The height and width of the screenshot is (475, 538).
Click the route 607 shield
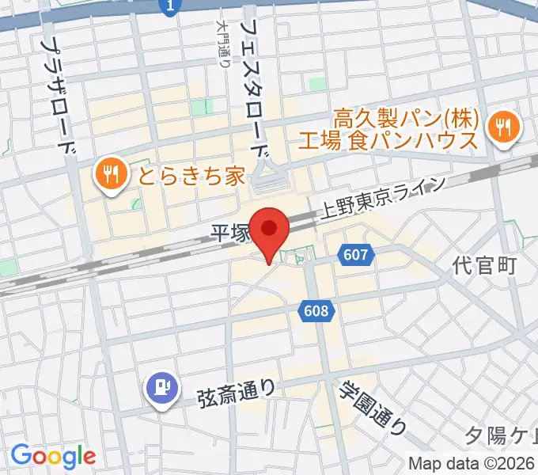(x=356, y=255)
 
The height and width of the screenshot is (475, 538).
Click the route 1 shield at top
(x=169, y=7)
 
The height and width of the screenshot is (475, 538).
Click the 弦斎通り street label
(x=237, y=389)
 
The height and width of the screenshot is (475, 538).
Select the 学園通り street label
(x=372, y=408)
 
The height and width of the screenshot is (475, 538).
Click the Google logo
(x=52, y=456)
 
